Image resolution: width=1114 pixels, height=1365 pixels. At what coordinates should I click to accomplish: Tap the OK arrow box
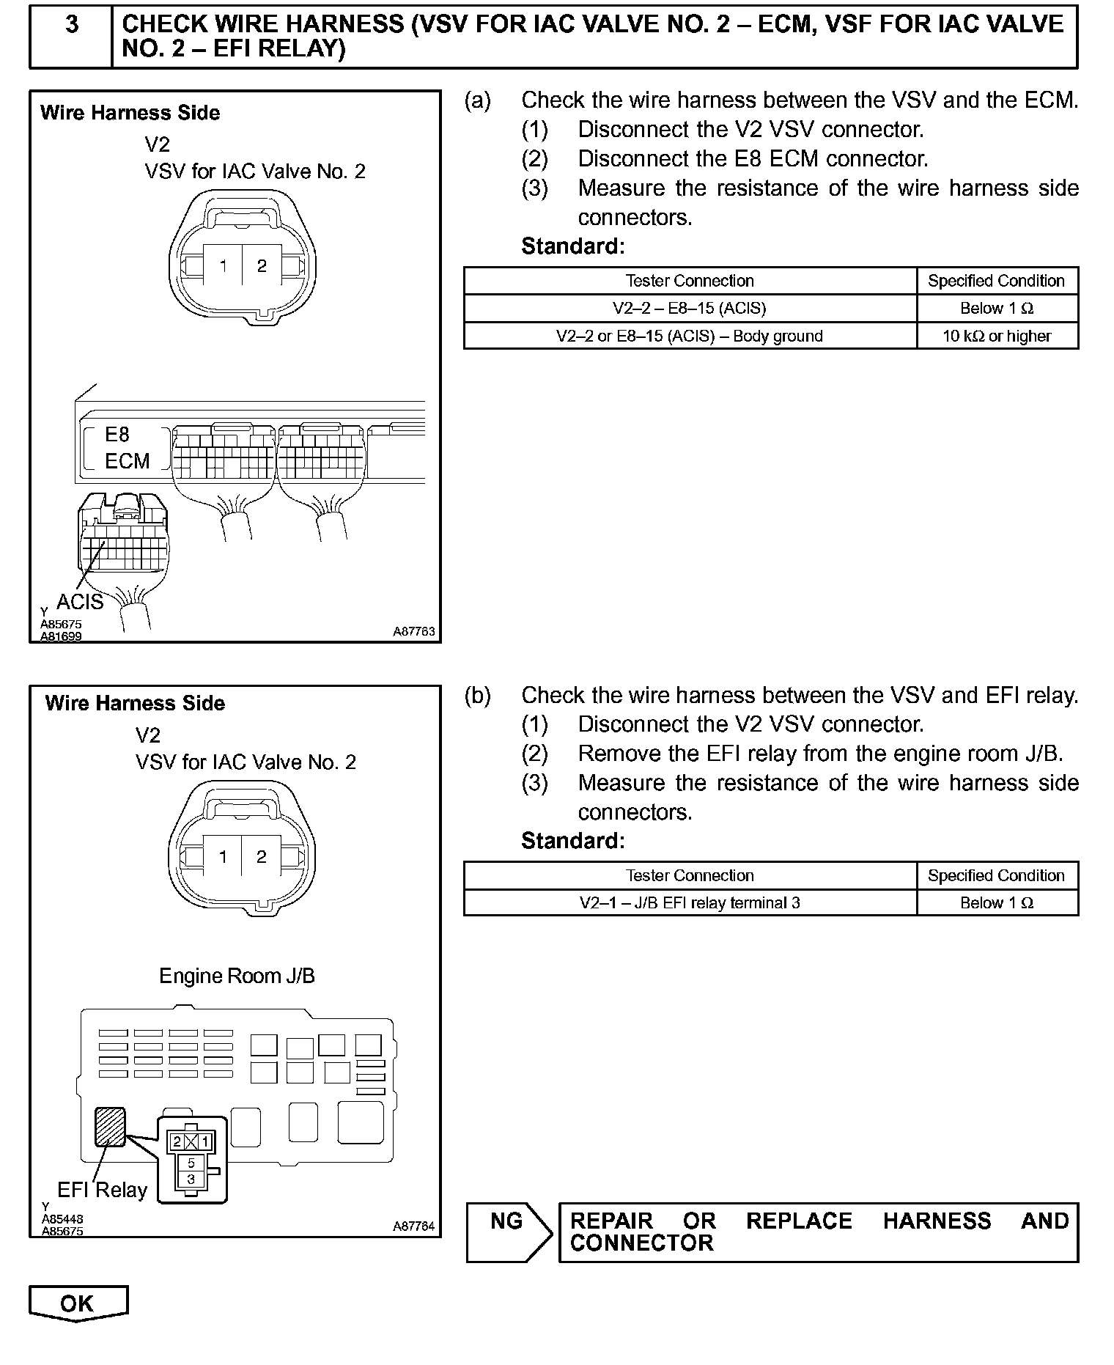78,1303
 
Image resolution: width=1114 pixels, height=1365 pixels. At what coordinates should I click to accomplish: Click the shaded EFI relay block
110,1127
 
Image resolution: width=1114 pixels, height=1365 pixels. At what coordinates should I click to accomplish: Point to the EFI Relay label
103,1190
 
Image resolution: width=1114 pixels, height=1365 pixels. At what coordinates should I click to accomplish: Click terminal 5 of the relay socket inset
191,1163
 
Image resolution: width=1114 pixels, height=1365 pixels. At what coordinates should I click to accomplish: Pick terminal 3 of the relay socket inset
191,1180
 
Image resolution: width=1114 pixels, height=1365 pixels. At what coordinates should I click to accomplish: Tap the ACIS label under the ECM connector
80,602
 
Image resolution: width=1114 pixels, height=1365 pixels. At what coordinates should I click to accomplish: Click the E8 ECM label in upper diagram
126,448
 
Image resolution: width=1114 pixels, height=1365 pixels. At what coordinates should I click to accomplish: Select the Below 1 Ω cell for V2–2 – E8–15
997,309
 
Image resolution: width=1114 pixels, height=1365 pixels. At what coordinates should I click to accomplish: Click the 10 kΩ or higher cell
997,336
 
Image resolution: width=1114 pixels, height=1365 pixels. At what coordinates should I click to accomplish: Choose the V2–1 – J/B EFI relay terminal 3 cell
690,903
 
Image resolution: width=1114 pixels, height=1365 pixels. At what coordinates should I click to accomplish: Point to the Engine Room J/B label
237,976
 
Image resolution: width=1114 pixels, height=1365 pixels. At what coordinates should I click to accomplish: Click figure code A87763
414,631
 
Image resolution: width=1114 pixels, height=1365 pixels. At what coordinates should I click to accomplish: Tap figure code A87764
414,1226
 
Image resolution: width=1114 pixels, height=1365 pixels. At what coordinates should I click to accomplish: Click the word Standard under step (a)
572,246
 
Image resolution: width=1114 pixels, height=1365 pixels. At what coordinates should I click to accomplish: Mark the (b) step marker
478,695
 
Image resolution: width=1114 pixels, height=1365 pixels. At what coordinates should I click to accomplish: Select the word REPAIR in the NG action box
611,1221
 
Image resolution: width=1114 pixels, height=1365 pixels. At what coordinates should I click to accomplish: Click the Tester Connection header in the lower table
690,875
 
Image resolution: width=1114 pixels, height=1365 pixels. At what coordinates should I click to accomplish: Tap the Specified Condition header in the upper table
997,281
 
